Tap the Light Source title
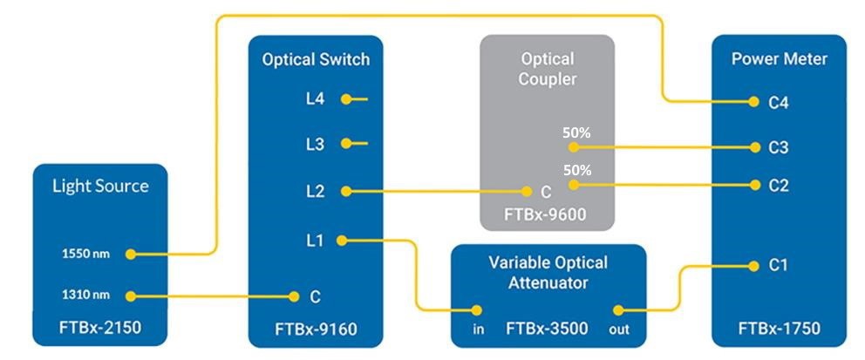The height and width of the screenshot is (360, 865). coord(100,186)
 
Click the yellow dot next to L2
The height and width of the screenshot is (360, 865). coord(346,192)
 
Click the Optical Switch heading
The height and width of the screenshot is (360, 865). coord(316,60)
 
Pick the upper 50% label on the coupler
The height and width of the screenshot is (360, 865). coord(576,132)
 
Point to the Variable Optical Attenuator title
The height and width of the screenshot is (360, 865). coord(548,272)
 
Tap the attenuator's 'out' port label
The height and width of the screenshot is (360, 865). coord(619,330)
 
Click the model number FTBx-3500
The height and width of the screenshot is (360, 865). coord(547,329)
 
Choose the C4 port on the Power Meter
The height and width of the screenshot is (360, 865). coord(779,102)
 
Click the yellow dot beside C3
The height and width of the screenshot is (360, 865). coord(753,147)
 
